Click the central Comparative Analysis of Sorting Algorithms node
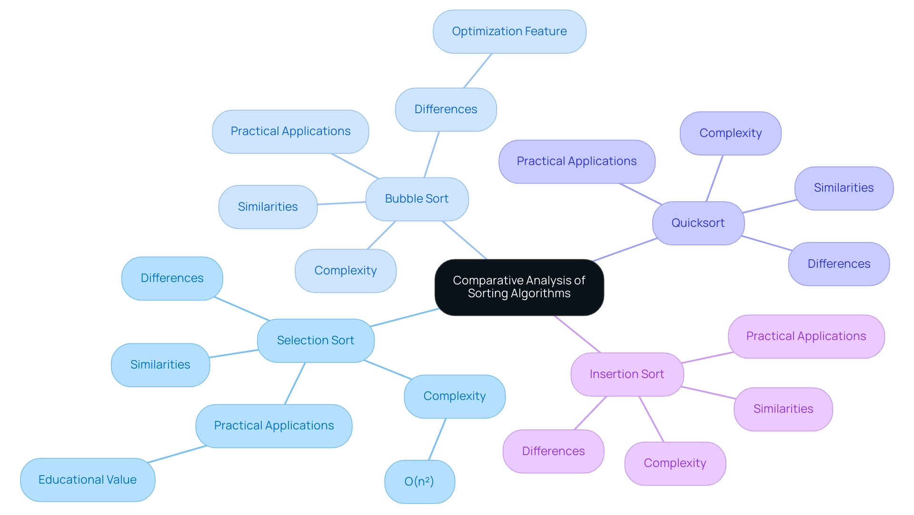(x=519, y=287)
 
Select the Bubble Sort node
(x=417, y=199)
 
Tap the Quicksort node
(x=698, y=223)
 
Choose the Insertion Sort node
(x=627, y=374)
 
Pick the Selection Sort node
(x=316, y=340)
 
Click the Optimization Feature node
(x=509, y=31)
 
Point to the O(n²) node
(x=419, y=481)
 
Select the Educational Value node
(x=88, y=479)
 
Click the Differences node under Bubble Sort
(x=446, y=109)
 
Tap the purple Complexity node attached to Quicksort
(x=730, y=133)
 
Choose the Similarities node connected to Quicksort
(x=844, y=188)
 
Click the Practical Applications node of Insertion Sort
(x=806, y=336)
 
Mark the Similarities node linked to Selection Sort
(x=160, y=365)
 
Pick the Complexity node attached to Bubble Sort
(x=346, y=271)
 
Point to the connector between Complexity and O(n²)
(x=437, y=439)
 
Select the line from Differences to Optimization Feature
(x=477, y=71)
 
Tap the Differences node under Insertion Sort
(x=553, y=451)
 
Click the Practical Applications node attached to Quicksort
(x=576, y=161)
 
